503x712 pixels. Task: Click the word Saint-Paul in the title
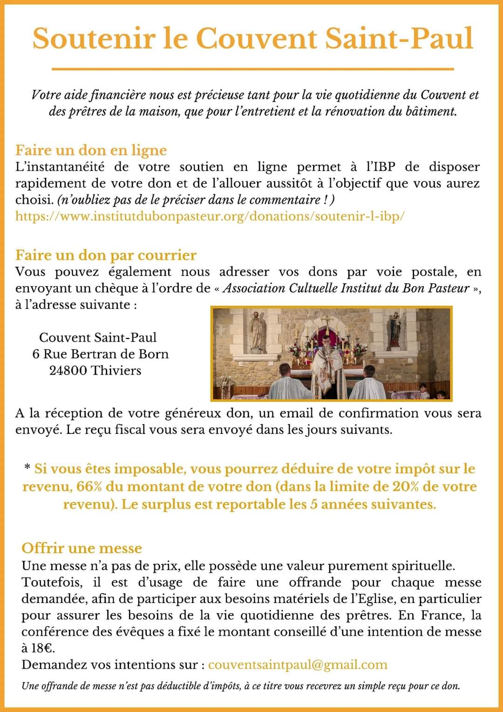[399, 38]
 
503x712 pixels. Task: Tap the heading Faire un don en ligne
[91, 150]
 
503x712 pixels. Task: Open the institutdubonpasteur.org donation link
[210, 216]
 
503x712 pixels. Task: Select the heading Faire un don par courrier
[106, 255]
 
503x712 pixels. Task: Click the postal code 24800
[68, 370]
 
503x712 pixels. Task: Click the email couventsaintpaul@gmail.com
[298, 664]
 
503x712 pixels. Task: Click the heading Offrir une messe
[82, 548]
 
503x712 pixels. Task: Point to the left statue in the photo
[256, 332]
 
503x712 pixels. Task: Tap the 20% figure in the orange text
[405, 486]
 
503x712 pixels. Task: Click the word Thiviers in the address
[116, 370]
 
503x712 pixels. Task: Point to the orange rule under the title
[252, 69]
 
